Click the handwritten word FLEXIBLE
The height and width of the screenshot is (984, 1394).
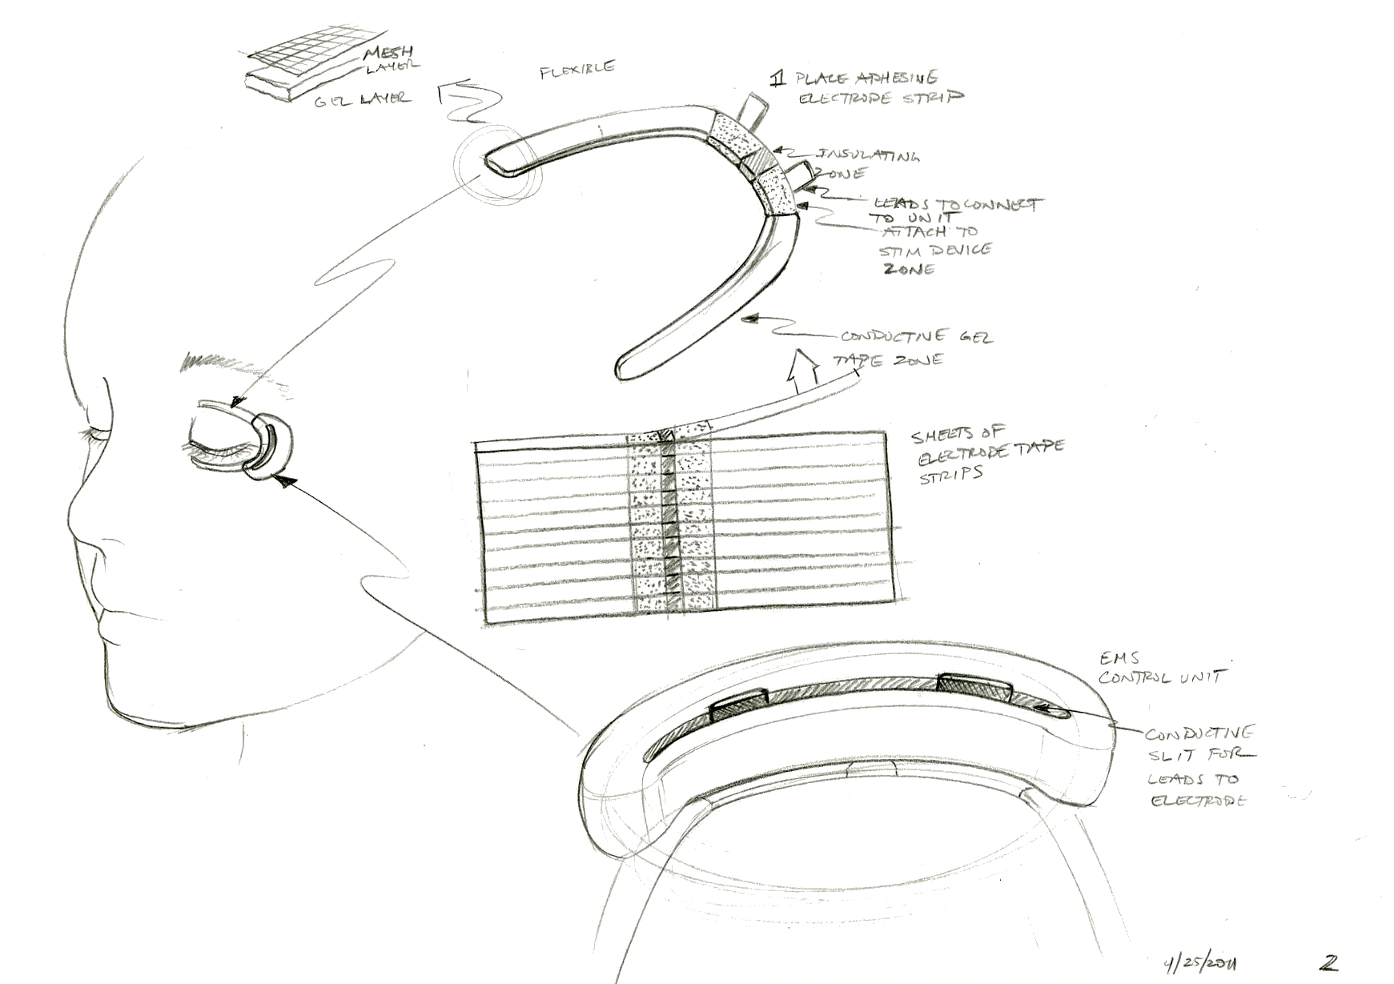pos(577,69)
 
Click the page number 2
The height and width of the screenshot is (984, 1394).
pos(1331,962)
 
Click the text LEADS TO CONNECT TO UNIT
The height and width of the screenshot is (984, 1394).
pos(953,210)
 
